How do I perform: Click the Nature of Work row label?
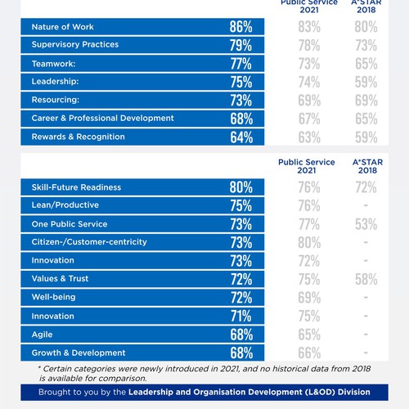62,27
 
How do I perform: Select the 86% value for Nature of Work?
241,27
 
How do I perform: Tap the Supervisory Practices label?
74,45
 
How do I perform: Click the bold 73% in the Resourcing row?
241,100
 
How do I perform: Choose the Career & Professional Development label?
102,118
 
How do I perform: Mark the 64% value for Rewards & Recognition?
241,137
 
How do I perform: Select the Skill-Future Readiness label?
76,187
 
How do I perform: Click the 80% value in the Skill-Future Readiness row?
241,187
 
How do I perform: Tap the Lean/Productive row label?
65,206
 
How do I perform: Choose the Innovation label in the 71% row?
53,316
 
